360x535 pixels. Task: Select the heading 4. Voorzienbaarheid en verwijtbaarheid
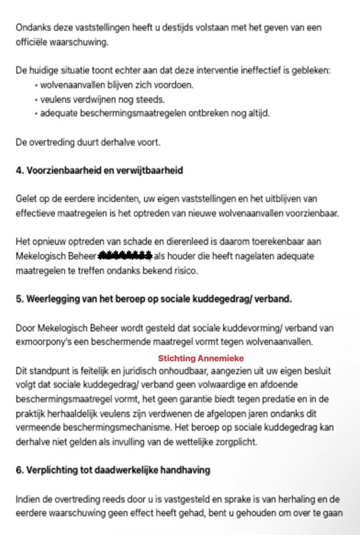click(100, 171)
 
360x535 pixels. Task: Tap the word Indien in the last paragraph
click(28, 499)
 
